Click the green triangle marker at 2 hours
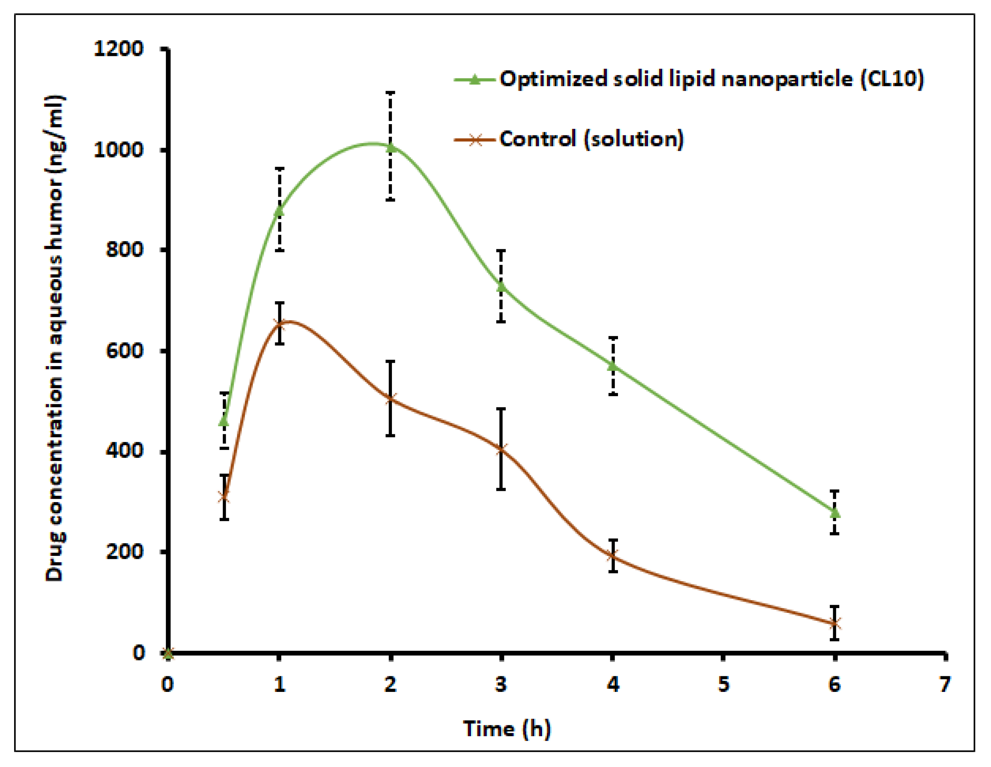pyautogui.click(x=390, y=147)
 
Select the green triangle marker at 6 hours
pyautogui.click(x=835, y=513)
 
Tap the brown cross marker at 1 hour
pyautogui.click(x=279, y=323)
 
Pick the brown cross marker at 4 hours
pyautogui.click(x=613, y=555)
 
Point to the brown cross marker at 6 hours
pyautogui.click(x=835, y=624)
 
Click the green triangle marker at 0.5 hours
pyautogui.click(x=224, y=421)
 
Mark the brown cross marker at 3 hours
pyautogui.click(x=501, y=450)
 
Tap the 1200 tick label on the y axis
pyautogui.click(x=118, y=48)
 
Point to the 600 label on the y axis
pyautogui.click(x=124, y=350)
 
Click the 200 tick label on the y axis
pyautogui.click(x=124, y=552)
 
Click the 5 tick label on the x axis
pyautogui.click(x=723, y=684)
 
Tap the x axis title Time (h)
pyautogui.click(x=507, y=729)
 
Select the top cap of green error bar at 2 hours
pyautogui.click(x=390, y=93)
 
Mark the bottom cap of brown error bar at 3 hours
pyautogui.click(x=501, y=489)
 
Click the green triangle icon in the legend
pyautogui.click(x=474, y=80)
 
